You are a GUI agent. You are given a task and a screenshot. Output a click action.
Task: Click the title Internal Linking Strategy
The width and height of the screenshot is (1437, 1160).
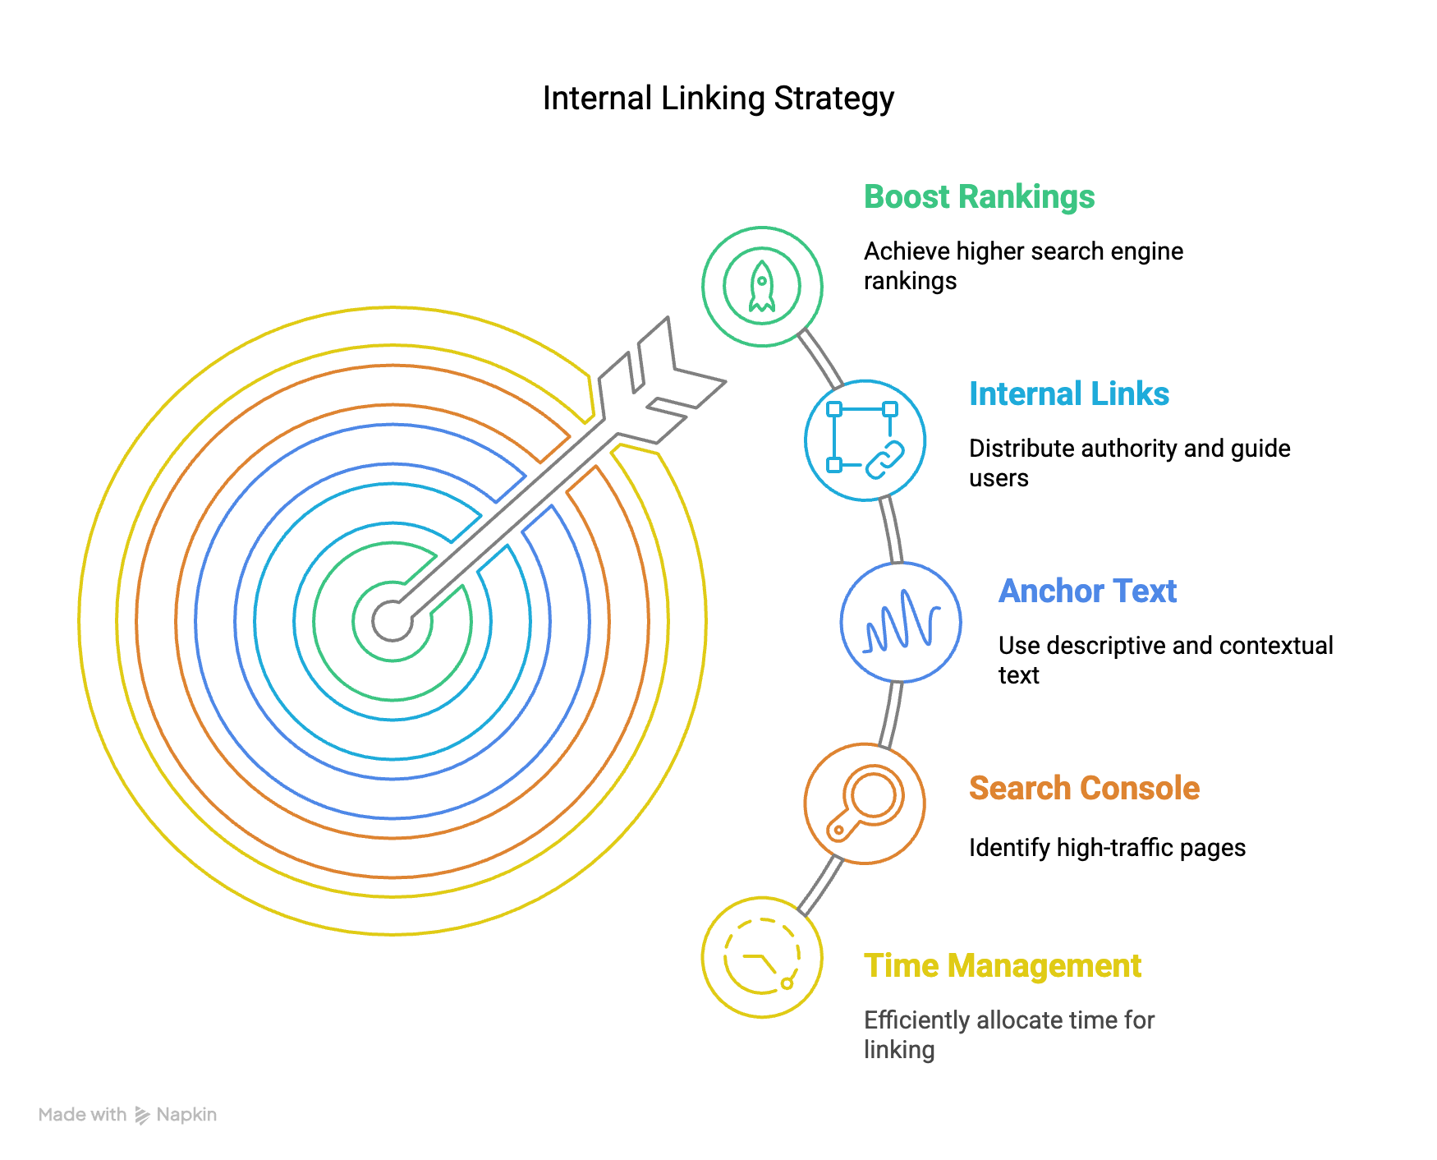pos(718,99)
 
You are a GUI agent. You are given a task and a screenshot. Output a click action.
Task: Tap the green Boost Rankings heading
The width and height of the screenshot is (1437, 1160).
pos(979,197)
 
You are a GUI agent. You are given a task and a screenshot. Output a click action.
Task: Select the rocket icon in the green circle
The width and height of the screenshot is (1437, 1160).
pos(762,287)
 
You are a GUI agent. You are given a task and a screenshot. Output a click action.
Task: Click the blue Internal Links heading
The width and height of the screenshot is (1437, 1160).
pos(1069,394)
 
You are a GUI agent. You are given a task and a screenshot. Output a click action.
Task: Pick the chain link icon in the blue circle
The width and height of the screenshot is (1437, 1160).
pos(865,440)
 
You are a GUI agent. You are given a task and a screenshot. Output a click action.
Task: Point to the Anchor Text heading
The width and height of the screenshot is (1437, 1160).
pos(1087,592)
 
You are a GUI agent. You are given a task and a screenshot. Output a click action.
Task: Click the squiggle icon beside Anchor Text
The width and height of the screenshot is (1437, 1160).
pos(901,622)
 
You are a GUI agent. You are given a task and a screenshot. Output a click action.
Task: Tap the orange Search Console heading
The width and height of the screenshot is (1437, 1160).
pos(1084,789)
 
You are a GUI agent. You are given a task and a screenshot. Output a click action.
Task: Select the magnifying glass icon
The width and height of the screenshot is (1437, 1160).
pos(865,803)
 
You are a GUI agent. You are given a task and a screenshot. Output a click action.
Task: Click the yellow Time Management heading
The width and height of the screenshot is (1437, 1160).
pos(1002,966)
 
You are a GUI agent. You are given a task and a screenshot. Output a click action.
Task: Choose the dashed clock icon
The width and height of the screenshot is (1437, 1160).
pos(762,957)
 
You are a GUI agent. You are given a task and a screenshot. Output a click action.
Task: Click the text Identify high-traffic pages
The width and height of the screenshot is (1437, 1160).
pos(1107,848)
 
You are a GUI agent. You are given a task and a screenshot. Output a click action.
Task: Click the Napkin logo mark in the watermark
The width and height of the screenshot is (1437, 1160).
pos(142,1115)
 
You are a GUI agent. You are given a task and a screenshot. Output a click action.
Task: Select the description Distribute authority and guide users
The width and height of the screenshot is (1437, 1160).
pos(1130,463)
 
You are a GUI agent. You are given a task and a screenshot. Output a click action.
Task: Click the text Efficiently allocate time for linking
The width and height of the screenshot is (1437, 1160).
pos(1009,1035)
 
